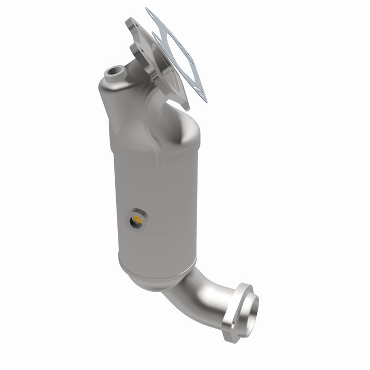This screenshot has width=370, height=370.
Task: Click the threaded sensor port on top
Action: coord(115,71)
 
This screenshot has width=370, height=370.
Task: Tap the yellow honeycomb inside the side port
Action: coord(137,219)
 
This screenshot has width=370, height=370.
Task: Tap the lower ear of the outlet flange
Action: coord(230,333)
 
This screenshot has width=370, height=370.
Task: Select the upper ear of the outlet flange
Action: coord(244,288)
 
